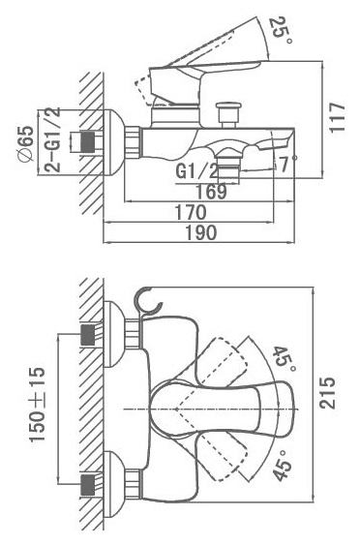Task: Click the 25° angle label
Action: [x=282, y=31]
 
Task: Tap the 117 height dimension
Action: [x=338, y=117]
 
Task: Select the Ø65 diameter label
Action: [x=26, y=143]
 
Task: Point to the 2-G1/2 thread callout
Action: [x=52, y=140]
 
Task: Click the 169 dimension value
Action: [x=211, y=191]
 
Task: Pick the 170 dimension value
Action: [x=191, y=212]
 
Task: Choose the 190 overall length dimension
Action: [x=201, y=232]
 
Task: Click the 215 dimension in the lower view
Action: [x=328, y=393]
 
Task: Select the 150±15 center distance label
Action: [x=37, y=405]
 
